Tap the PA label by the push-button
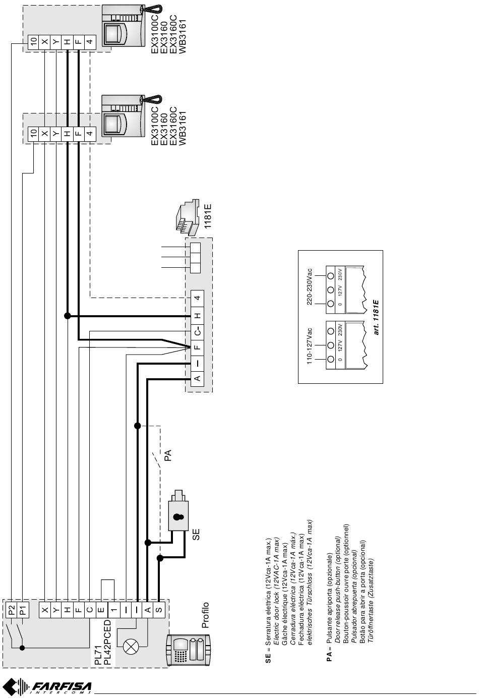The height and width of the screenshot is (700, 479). point(169,455)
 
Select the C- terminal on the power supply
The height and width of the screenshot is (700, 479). point(198,331)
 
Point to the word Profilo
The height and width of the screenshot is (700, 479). point(205,615)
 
